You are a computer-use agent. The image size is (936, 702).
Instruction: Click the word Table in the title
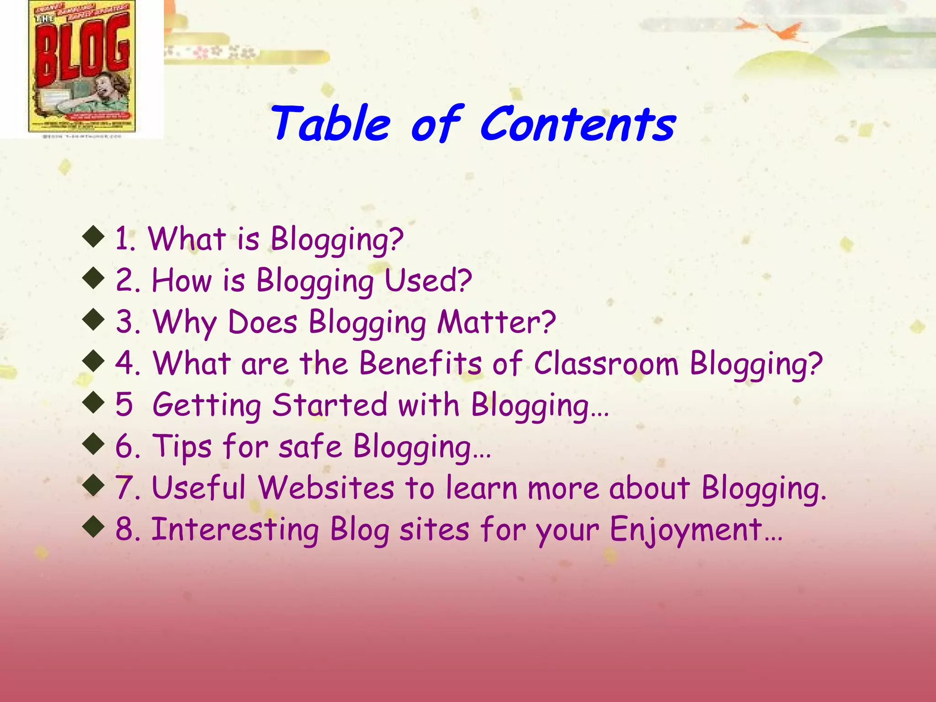(331, 124)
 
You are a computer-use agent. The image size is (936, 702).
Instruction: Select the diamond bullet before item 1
(94, 237)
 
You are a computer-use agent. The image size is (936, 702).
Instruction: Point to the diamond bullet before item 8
(94, 527)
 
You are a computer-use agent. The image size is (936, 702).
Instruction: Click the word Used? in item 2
(428, 280)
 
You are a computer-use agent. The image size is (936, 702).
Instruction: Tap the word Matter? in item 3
(496, 322)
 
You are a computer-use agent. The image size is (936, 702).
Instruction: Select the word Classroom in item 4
(606, 363)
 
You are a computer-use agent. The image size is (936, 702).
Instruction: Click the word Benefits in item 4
(420, 363)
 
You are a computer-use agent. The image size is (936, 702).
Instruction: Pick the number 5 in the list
(124, 405)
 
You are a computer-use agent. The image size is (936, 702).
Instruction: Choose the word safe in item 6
(310, 446)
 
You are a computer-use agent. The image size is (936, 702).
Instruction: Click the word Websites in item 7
(326, 488)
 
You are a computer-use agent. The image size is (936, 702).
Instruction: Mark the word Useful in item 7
(199, 488)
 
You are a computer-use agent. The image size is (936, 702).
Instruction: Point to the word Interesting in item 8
(235, 529)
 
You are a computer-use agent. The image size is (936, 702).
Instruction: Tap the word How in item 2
(182, 280)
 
